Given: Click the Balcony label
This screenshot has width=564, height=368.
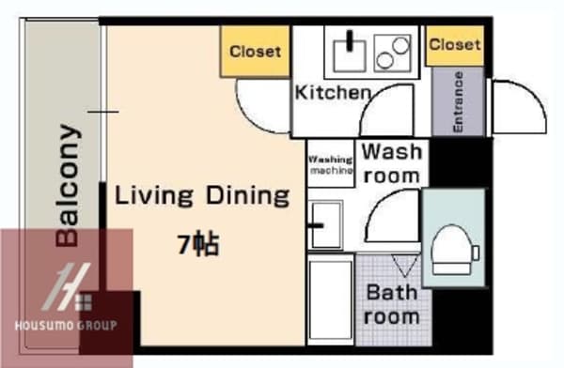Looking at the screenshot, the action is click(x=68, y=186).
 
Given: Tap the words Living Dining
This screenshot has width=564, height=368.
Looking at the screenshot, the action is click(x=202, y=196).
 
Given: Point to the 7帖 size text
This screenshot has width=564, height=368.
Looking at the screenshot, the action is click(x=198, y=244).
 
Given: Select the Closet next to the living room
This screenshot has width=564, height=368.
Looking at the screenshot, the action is click(x=255, y=52).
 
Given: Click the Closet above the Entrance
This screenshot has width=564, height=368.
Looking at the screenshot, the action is click(x=455, y=44).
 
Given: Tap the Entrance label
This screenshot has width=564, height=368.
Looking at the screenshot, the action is click(x=458, y=102).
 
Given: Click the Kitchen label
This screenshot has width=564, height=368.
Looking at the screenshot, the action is click(x=333, y=92).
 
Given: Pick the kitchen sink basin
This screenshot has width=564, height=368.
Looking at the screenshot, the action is click(x=350, y=55).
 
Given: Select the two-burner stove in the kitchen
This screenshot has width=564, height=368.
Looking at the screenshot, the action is click(x=392, y=54).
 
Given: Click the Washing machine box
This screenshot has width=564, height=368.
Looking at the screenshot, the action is click(x=331, y=164).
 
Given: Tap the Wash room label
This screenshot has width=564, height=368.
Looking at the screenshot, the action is click(x=392, y=163).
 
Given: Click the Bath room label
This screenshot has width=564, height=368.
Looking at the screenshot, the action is click(x=392, y=304).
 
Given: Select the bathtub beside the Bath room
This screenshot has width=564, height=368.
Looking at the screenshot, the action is click(x=331, y=300).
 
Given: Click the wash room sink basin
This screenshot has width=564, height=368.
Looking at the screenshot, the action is click(x=326, y=225).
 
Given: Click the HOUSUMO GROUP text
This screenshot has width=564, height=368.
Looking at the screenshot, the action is click(x=66, y=325).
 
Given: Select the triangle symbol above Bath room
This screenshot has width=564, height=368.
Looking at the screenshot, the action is click(x=405, y=266).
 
